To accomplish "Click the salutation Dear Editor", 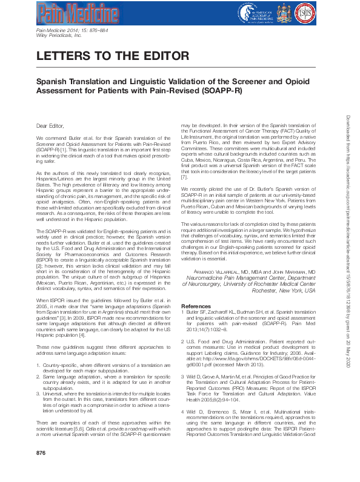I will click(x=50, y=126).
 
